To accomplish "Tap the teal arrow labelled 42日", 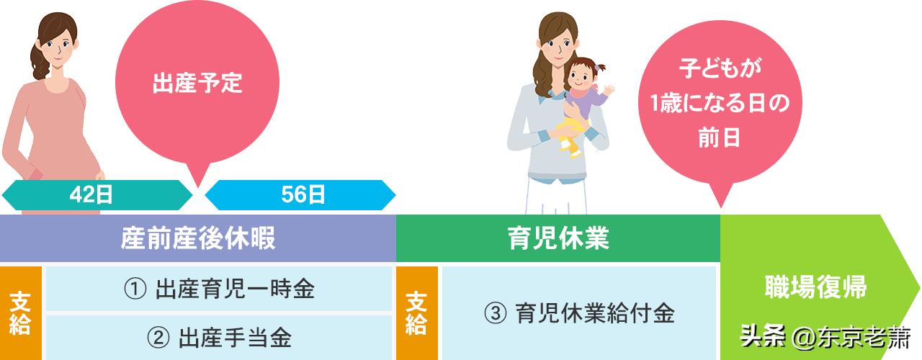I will tap(97, 194).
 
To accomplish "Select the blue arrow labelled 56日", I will tap(300, 194).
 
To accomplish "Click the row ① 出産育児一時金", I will tap(219, 289).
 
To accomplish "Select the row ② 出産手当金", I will tap(219, 336).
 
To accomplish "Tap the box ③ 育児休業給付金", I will tap(579, 313).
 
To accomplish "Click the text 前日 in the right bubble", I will tap(718, 138).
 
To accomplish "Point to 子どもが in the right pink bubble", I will tap(718, 70).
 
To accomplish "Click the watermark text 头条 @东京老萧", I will tap(826, 336).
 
